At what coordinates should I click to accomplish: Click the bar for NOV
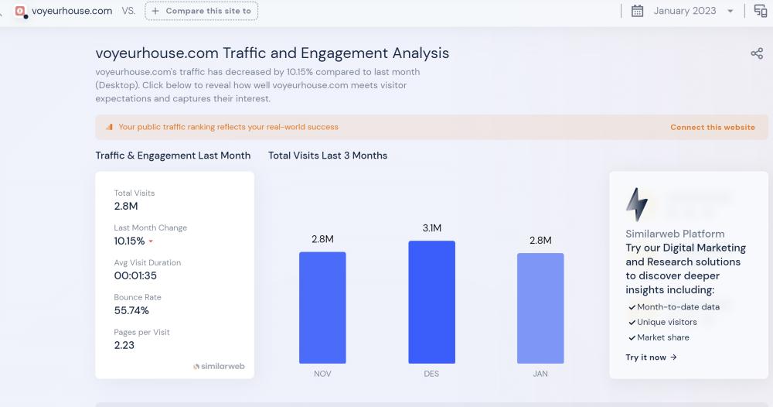(x=322, y=307)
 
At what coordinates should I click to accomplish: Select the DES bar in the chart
(x=431, y=302)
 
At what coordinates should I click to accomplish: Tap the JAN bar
(x=540, y=307)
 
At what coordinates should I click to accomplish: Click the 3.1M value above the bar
(x=431, y=228)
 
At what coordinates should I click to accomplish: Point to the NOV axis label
(x=322, y=374)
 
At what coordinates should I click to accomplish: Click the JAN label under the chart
(x=540, y=374)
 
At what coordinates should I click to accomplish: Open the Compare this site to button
(x=202, y=11)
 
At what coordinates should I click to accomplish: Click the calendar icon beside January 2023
(x=638, y=11)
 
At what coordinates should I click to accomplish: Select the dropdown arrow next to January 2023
(x=730, y=12)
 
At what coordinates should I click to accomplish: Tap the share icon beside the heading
(x=757, y=53)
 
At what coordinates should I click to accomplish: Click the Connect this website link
(x=712, y=127)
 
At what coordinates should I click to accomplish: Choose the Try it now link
(x=651, y=357)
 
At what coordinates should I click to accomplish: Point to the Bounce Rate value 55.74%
(x=131, y=310)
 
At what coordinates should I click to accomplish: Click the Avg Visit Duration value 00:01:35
(x=135, y=275)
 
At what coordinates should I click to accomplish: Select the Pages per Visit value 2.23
(x=124, y=345)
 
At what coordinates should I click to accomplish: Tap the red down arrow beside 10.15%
(x=151, y=241)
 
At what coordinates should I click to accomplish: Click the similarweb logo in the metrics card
(x=219, y=366)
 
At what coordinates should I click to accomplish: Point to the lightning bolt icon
(x=636, y=204)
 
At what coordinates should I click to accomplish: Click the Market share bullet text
(x=662, y=337)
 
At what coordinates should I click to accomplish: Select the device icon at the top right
(x=761, y=11)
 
